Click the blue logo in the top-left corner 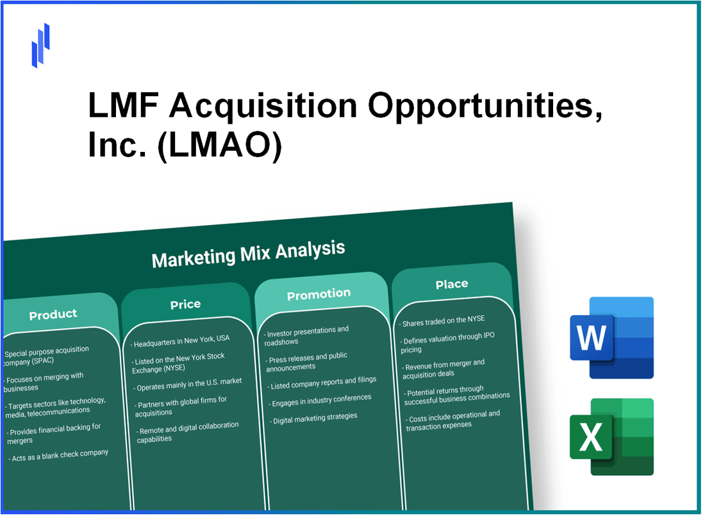click(x=40, y=45)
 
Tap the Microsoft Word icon click(x=611, y=337)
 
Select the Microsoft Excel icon click(x=611, y=437)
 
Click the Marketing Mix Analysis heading click(x=248, y=253)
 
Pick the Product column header click(x=53, y=314)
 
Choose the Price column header click(x=185, y=304)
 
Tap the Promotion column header click(x=319, y=294)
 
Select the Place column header click(x=452, y=284)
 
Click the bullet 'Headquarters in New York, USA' click(x=181, y=338)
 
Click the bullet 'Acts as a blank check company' click(x=58, y=456)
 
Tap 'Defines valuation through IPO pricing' click(x=448, y=343)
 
